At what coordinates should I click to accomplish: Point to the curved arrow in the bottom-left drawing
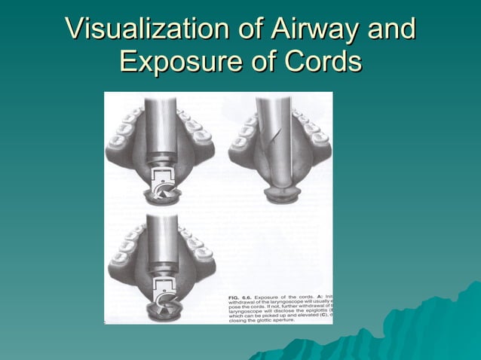(x=163, y=299)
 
